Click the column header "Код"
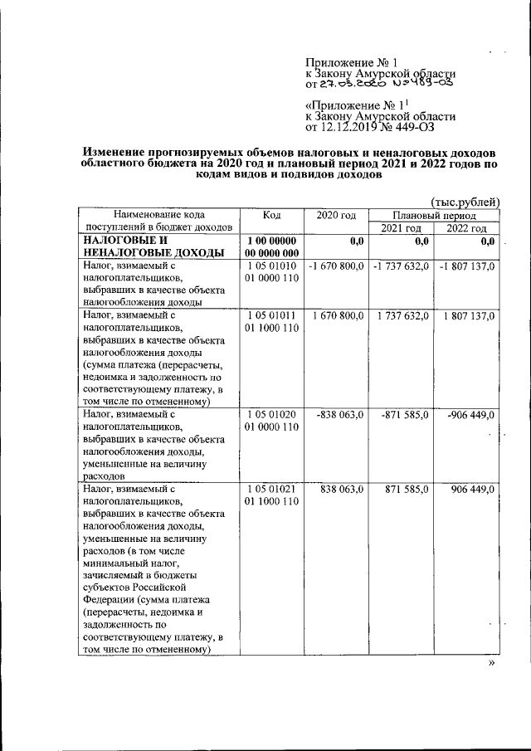tap(271, 215)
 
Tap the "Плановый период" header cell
tap(435, 215)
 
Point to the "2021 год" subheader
tap(402, 228)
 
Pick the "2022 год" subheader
tap(467, 228)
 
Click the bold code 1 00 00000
tap(271, 241)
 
